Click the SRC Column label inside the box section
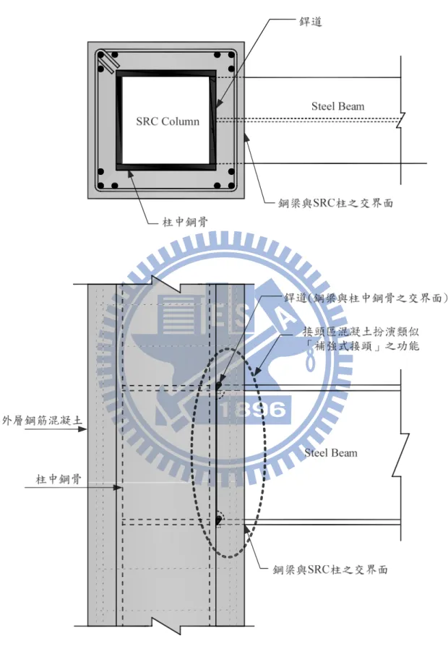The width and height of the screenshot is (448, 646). (168, 121)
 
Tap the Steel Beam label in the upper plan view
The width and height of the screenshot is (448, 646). (338, 106)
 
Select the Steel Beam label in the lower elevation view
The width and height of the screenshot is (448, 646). (331, 453)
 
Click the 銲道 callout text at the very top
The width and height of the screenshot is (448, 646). (310, 21)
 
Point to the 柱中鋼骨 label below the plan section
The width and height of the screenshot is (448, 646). (185, 222)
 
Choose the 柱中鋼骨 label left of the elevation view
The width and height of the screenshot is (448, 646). (59, 479)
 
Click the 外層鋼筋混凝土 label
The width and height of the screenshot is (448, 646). (42, 421)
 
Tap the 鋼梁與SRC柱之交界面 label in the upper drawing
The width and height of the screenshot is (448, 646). (335, 203)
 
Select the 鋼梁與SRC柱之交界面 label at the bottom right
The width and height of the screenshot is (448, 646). (330, 569)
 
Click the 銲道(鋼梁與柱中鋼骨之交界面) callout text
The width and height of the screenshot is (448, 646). (366, 298)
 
